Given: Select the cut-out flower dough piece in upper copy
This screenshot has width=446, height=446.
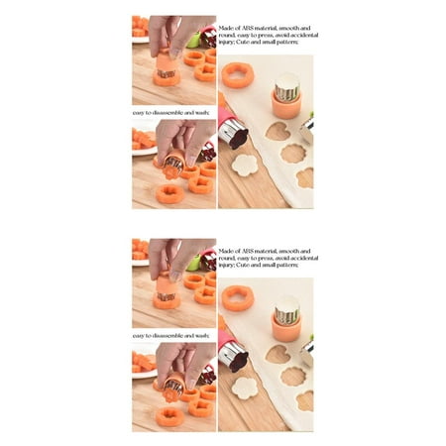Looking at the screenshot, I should (x=244, y=165).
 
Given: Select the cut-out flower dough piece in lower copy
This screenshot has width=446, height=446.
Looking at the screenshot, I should (x=244, y=388).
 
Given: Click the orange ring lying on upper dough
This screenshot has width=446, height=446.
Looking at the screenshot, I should (x=237, y=74).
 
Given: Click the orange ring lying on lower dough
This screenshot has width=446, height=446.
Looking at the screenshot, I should (x=237, y=297).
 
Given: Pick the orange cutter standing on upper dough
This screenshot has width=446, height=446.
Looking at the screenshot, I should (x=285, y=95).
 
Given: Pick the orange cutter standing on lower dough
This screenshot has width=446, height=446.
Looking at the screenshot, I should (x=285, y=318).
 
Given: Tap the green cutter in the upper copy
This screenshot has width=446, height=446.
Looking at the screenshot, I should (x=192, y=42).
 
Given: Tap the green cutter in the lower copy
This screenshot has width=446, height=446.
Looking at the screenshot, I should (x=192, y=265).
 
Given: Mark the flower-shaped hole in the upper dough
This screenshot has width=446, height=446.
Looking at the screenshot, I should (x=292, y=153).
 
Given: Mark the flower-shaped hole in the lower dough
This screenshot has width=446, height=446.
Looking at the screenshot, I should (x=292, y=376).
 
